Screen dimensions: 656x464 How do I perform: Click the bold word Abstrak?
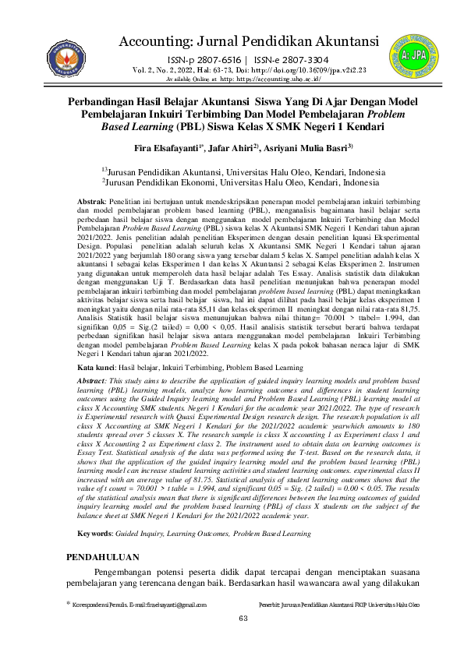click(x=97, y=202)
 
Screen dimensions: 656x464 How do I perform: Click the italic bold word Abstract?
click(x=99, y=356)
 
